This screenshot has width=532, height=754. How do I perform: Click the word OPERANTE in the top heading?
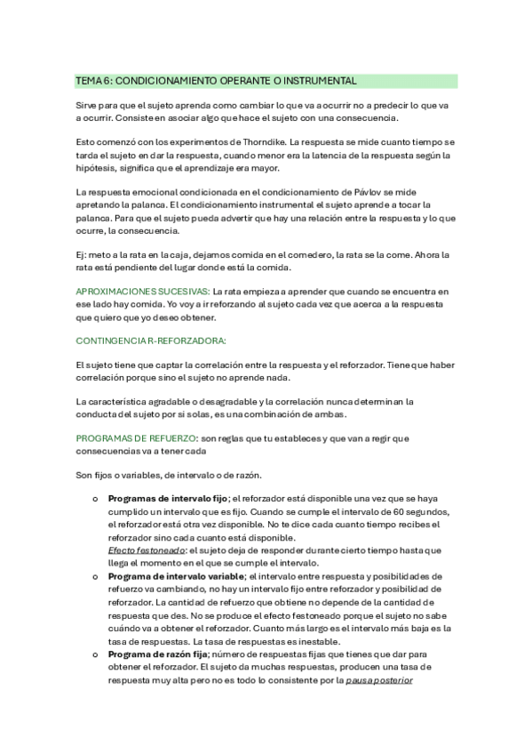coord(235,81)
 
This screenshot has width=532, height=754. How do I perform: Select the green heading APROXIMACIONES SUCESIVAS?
coord(143,292)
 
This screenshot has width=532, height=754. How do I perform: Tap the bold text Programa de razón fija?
coord(157,654)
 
